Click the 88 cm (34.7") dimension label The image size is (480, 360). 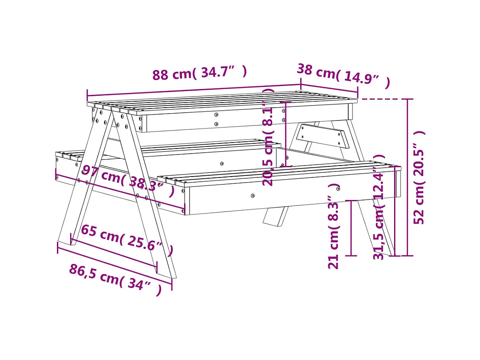point(199,73)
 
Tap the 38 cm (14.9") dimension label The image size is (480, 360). point(343,75)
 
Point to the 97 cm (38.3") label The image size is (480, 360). point(128,181)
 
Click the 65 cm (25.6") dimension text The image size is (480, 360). point(126,239)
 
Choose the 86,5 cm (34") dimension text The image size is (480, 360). point(115,279)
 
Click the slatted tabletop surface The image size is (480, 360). point(221,102)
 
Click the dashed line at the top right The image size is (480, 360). point(381,99)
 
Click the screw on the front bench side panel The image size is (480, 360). point(253,196)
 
